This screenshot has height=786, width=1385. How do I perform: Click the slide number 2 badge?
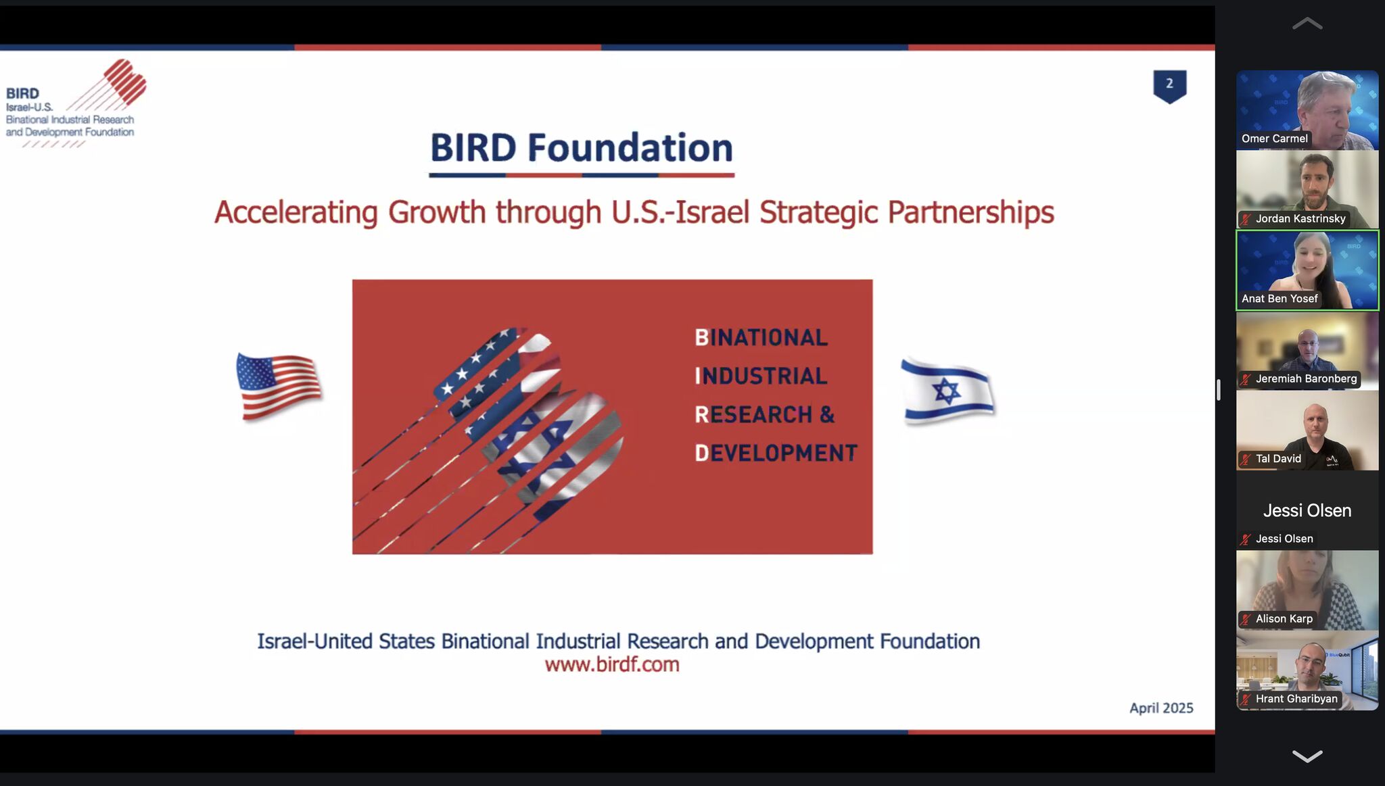[1169, 86]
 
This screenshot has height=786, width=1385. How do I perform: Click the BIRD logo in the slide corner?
[76, 103]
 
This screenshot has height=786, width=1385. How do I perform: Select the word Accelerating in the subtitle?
[296, 212]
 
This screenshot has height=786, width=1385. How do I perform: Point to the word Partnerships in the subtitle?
[970, 212]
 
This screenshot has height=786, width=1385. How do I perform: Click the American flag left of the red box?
[279, 386]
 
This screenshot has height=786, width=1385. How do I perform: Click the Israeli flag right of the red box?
[947, 391]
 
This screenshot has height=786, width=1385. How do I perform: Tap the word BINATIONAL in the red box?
[761, 337]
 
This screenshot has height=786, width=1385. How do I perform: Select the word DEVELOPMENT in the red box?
[776, 453]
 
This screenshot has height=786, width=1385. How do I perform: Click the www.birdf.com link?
[612, 664]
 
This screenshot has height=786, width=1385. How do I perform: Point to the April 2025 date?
[1161, 708]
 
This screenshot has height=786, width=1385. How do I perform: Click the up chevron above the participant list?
[1307, 24]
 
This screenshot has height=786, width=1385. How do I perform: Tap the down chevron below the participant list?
[1307, 756]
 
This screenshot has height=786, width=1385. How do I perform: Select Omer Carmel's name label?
[1275, 139]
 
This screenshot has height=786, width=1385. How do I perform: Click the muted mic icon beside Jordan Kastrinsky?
[1246, 219]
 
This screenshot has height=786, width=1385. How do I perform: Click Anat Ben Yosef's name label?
[1280, 299]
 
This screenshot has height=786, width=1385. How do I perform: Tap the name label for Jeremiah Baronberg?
[1306, 378]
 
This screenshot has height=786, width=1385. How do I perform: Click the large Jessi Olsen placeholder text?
[1307, 510]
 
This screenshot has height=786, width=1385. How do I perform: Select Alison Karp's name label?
[1284, 618]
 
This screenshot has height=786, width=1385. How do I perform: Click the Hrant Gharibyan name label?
[1296, 699]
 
